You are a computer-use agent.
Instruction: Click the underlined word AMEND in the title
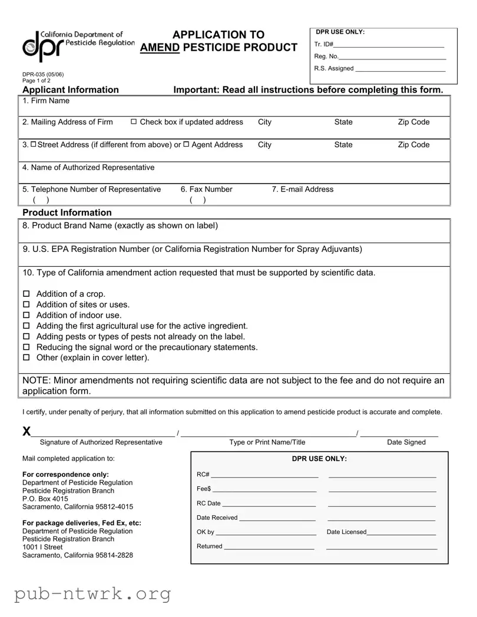click(x=160, y=48)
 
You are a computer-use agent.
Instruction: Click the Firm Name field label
click(x=46, y=101)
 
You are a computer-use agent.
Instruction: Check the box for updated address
click(x=134, y=122)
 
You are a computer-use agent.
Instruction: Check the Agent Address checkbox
click(x=186, y=145)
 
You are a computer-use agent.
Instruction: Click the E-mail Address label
click(x=303, y=189)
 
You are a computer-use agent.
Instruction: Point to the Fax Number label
click(x=206, y=189)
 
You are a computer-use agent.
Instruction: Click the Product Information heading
click(x=67, y=213)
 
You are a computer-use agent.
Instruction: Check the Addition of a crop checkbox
click(x=26, y=294)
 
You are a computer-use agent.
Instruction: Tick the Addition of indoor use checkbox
click(x=26, y=316)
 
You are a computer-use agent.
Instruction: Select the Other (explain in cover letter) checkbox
click(x=26, y=358)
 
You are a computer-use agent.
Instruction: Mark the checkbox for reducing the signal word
click(x=26, y=347)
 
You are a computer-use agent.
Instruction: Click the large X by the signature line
click(x=27, y=432)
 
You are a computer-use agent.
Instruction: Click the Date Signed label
click(x=406, y=442)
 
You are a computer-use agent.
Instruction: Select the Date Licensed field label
click(x=346, y=532)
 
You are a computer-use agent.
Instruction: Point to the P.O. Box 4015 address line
click(x=45, y=499)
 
